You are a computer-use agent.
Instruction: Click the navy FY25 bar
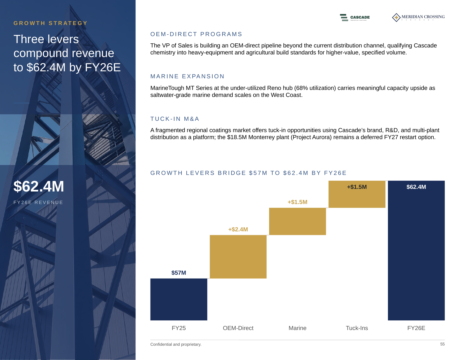coord(179,299)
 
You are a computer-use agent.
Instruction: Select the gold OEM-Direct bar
coord(238,257)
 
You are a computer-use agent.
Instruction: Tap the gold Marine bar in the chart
coord(297,221)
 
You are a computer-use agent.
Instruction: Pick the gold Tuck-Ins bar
coord(357,194)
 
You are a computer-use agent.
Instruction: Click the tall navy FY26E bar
coord(416,251)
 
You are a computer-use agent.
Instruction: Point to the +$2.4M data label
coord(238,229)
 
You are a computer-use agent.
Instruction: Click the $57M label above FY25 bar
coord(179,273)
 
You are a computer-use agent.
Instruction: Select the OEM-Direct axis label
coord(238,328)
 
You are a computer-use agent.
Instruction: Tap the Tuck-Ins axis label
coord(357,328)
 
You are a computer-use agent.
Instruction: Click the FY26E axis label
coord(416,328)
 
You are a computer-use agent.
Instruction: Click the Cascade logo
coord(355,17)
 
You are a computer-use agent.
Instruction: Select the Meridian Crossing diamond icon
coord(396,17)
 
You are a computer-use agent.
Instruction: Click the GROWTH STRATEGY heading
coord(50,23)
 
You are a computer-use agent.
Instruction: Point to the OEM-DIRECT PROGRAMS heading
coord(196,34)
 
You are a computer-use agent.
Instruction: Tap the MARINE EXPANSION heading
coord(187,76)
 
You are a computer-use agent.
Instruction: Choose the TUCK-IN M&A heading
coord(175,119)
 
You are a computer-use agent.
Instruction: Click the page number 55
coord(442,344)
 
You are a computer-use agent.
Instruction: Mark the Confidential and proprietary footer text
coord(176,344)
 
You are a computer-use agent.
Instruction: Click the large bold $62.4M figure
coord(39,186)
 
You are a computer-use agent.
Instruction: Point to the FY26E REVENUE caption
coord(38,203)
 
